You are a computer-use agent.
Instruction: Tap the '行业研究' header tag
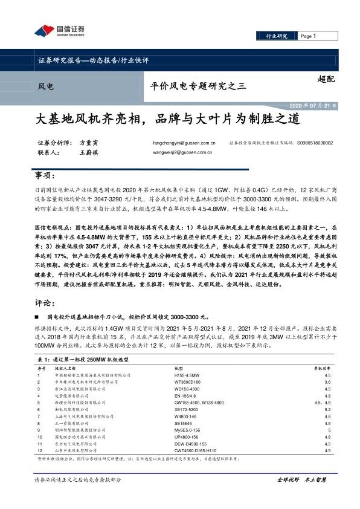click(x=277, y=36)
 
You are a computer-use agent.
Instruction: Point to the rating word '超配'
click(x=326, y=79)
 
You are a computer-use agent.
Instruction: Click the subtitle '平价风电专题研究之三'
click(x=198, y=86)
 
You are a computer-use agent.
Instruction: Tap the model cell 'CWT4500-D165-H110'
click(x=195, y=450)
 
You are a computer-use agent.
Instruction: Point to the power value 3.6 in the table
click(x=327, y=383)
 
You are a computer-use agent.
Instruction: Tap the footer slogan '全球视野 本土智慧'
click(x=301, y=479)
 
